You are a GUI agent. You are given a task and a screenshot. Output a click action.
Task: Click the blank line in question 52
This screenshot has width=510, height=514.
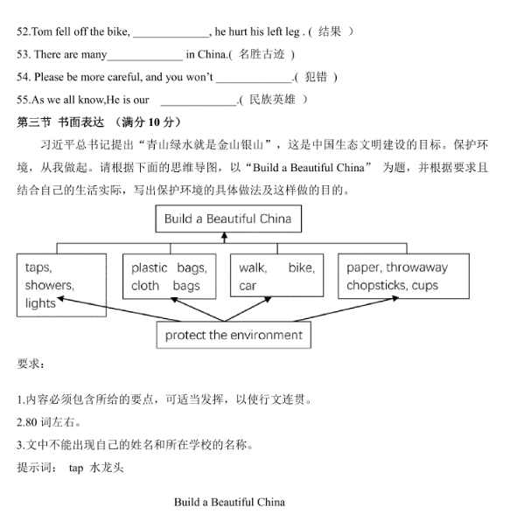(171, 37)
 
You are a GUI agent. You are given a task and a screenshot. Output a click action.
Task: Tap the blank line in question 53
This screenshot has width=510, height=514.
(145, 60)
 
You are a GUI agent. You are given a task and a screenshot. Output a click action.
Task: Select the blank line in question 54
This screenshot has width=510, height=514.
(254, 82)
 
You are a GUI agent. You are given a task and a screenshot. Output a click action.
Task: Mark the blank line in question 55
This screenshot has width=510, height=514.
(199, 105)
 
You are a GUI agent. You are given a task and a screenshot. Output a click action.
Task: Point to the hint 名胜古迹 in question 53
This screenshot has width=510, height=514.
(262, 54)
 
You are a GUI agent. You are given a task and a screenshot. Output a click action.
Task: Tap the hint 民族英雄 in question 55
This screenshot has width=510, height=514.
(272, 100)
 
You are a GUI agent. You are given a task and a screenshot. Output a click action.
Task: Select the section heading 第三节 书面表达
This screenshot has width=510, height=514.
(60, 122)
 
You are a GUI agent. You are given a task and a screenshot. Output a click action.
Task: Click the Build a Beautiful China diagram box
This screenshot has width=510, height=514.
(228, 219)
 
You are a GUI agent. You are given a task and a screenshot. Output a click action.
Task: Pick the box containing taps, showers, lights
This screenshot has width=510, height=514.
(61, 285)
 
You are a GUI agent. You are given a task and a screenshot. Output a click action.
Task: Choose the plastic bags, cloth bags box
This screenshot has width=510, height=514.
(169, 276)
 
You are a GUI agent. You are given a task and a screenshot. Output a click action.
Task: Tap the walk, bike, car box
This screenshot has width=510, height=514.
(276, 275)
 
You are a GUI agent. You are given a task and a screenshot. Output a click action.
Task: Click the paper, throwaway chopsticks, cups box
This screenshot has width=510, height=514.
(404, 276)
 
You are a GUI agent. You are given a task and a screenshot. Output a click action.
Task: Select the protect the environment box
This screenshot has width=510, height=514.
(234, 335)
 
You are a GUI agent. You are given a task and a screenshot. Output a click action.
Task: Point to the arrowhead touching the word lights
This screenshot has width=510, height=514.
(61, 299)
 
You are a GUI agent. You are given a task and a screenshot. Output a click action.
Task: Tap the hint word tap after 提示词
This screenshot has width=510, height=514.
(76, 469)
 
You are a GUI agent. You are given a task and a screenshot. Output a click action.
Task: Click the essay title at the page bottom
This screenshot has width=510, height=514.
(229, 502)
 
